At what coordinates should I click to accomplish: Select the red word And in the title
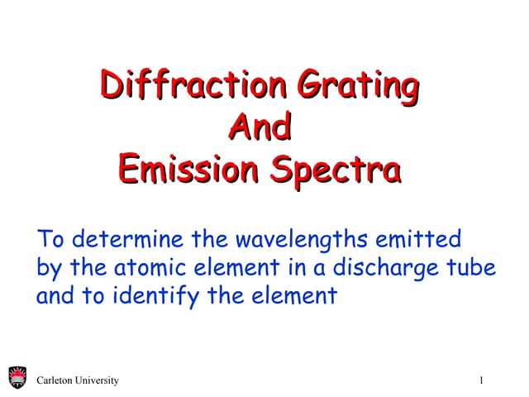[x=259, y=127]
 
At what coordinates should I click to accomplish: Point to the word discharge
[x=380, y=270]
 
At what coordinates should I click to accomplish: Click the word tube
[x=471, y=269]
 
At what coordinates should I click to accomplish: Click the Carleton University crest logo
[x=17, y=380]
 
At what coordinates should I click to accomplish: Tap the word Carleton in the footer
[x=57, y=380]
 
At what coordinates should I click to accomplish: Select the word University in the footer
[x=98, y=380]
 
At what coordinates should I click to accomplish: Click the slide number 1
[x=480, y=380]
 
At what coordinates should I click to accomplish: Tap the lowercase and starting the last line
[x=54, y=296]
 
